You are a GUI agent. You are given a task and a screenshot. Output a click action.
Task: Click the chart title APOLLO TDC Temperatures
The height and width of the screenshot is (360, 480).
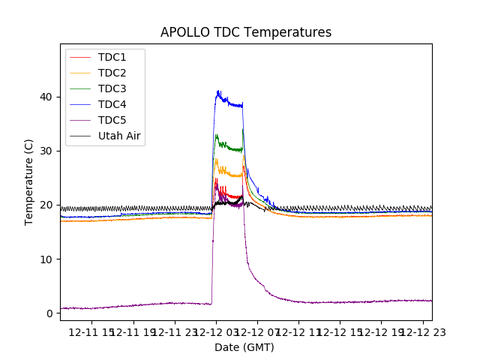(x=246, y=32)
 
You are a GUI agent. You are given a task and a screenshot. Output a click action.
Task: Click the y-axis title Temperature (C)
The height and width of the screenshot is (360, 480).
(x=29, y=182)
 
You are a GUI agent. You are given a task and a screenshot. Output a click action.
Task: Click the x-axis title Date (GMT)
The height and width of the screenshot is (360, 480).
(x=244, y=347)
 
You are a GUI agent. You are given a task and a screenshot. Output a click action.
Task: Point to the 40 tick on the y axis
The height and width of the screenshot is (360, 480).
(x=47, y=97)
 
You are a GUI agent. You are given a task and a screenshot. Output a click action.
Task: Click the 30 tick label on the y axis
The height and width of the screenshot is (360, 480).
(x=47, y=151)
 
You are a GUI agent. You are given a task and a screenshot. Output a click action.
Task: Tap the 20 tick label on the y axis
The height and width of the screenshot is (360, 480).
(x=47, y=205)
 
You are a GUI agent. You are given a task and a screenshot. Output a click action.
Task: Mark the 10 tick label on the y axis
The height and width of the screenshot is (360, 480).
(x=47, y=259)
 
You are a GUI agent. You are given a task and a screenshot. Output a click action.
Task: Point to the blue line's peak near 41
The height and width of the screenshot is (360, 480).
(x=218, y=92)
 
